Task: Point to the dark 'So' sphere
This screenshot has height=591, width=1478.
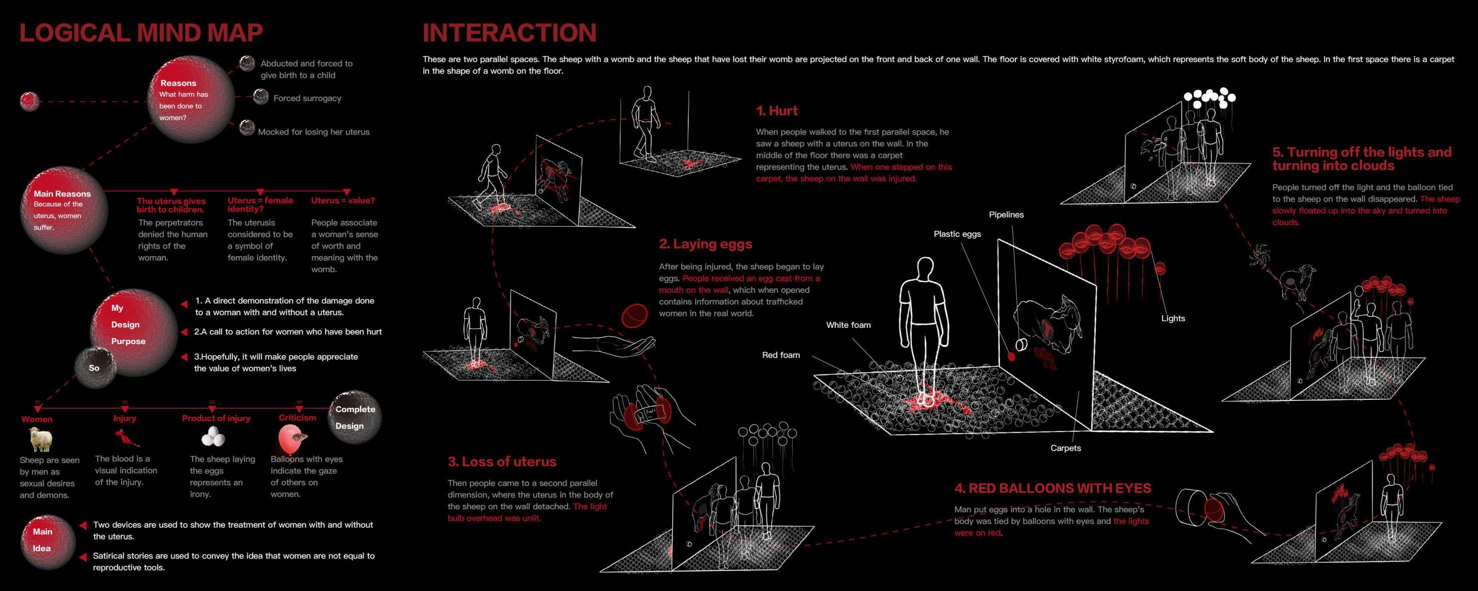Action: click(95, 368)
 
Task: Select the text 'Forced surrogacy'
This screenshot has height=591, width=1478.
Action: click(307, 98)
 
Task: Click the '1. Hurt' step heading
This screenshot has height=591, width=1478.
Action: click(777, 111)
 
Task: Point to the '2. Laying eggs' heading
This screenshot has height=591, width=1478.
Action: click(705, 244)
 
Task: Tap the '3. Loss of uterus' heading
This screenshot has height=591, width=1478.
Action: click(502, 462)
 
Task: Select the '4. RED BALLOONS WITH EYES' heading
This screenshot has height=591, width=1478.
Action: click(1052, 488)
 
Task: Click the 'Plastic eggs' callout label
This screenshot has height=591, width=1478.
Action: click(957, 234)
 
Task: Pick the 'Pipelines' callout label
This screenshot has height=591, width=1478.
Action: click(1006, 215)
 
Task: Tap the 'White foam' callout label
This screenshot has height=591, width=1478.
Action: click(848, 325)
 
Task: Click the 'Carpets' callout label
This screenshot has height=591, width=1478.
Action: click(1066, 448)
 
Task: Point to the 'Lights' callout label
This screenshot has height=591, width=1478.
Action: click(1173, 318)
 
